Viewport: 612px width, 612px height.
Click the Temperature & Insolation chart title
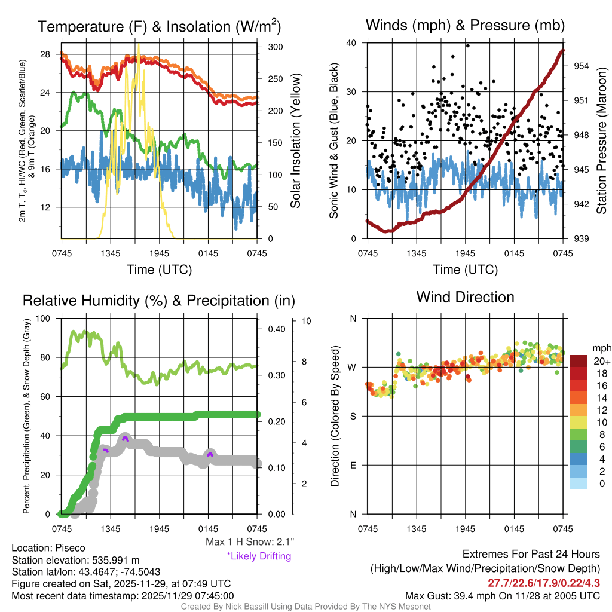(x=159, y=27)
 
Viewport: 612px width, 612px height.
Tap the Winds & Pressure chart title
(x=465, y=26)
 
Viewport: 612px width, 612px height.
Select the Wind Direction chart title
(x=465, y=297)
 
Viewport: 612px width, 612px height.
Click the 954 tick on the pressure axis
(x=582, y=66)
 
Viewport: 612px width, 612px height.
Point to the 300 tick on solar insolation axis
(x=276, y=47)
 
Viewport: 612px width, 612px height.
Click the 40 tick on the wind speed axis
(x=351, y=43)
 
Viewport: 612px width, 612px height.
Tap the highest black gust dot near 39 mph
(x=467, y=45)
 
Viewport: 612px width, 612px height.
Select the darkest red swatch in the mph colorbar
(x=579, y=361)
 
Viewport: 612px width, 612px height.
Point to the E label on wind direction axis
(x=353, y=465)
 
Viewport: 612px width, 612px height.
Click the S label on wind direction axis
(x=353, y=416)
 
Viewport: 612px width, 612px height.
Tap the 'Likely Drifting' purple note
(x=259, y=556)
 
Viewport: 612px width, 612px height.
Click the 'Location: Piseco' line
(x=48, y=547)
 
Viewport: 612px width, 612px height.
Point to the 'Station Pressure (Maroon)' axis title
(x=602, y=141)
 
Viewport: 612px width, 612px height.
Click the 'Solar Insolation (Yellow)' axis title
(x=296, y=141)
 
